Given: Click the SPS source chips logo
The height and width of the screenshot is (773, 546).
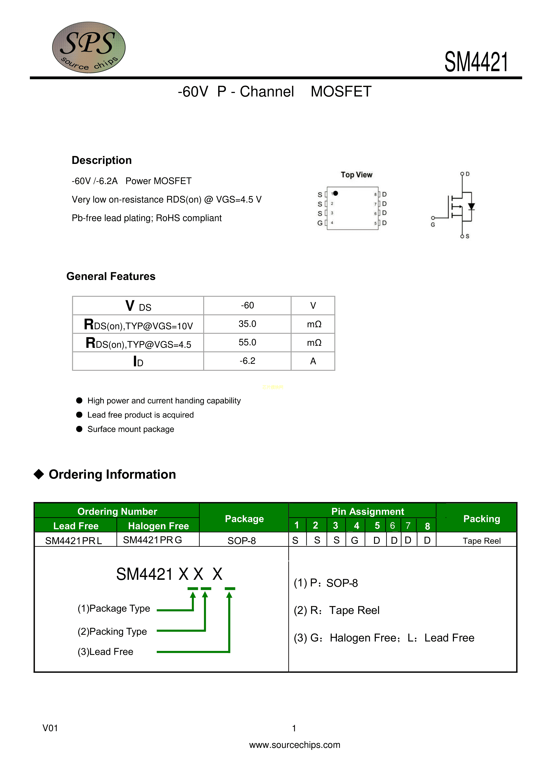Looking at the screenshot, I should point(89,47).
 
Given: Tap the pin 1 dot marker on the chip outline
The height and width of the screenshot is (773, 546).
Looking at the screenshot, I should point(335,193).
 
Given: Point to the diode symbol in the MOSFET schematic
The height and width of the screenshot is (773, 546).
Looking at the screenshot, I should point(471,207).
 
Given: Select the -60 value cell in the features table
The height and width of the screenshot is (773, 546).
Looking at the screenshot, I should point(247,305).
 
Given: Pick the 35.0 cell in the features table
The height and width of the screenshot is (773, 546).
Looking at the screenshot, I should point(247,324).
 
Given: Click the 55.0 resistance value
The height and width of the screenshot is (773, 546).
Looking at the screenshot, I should point(247,342).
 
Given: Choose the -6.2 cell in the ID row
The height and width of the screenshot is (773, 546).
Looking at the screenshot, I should point(247,361).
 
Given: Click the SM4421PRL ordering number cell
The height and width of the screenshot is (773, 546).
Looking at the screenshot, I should point(74,541).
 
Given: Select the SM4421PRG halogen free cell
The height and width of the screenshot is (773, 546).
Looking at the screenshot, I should point(152,540).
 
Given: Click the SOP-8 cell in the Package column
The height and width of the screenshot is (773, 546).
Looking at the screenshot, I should point(242,541).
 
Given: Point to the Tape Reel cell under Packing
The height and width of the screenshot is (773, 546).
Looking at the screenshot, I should point(481,541).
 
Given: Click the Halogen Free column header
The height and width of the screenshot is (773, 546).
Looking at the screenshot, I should point(159,526).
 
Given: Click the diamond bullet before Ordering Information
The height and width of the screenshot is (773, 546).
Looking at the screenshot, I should point(39,474).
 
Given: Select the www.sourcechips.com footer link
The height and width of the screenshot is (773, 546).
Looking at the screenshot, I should point(295,745).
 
